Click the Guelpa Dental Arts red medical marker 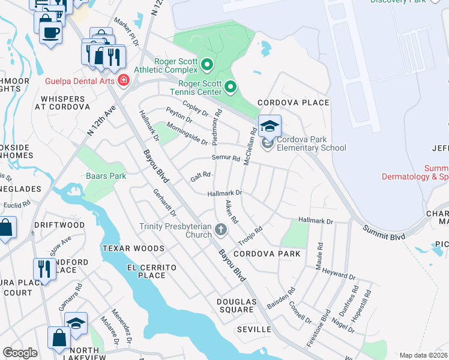pyautogui.click(x=124, y=80)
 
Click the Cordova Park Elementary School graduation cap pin pyautogui.click(x=270, y=127)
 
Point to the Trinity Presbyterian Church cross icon pyautogui.click(x=221, y=230)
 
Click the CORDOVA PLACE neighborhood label pyautogui.click(x=294, y=103)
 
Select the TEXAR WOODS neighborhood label pyautogui.click(x=133, y=248)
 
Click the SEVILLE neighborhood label pyautogui.click(x=255, y=329)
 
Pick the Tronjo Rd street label pyautogui.click(x=251, y=236)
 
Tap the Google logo pyautogui.click(x=20, y=353)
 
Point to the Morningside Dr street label pyautogui.click(x=186, y=134)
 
